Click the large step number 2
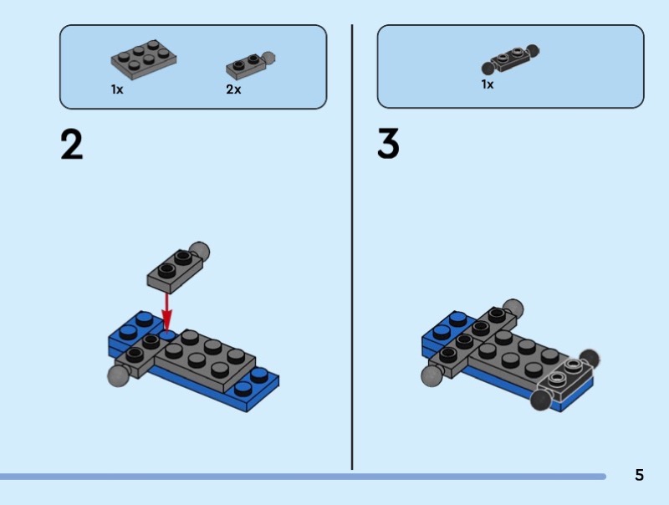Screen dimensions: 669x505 72,145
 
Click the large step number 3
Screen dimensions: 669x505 388,143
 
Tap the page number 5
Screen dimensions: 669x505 639,475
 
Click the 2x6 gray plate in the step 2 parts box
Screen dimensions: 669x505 144,60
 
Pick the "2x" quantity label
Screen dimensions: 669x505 233,89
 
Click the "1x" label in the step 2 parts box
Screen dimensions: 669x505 117,89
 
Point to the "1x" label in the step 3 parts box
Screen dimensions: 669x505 488,84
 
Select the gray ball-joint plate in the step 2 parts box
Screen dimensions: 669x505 250,65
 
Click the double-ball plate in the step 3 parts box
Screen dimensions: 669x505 510,59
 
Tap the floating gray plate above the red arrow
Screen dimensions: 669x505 176,271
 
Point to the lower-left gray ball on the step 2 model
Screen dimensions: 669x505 119,375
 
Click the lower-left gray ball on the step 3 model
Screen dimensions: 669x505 432,375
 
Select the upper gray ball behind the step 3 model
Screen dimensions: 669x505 513,307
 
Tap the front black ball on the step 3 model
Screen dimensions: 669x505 540,400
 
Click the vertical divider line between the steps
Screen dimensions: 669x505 352,247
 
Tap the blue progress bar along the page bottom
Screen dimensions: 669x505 303,477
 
